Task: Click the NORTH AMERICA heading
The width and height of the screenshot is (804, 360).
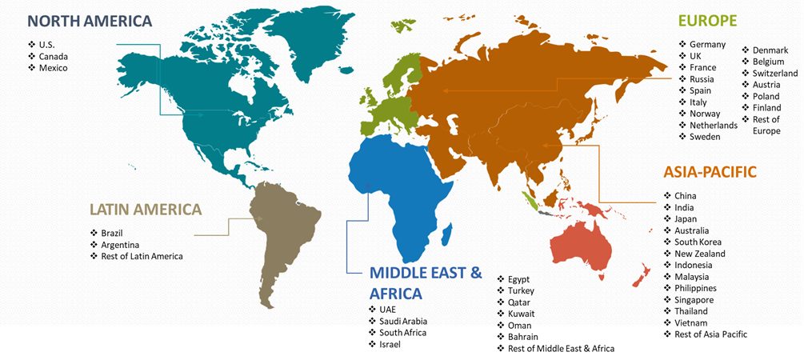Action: [90, 22]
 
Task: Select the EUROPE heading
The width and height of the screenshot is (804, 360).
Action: [707, 21]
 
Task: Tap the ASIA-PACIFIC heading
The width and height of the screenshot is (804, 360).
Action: [710, 172]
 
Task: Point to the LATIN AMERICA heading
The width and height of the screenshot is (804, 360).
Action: [146, 210]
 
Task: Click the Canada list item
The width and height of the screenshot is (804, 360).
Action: [53, 57]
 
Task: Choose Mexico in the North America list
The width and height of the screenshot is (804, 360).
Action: [53, 68]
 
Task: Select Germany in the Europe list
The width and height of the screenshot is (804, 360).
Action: [707, 45]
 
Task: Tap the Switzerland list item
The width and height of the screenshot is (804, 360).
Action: [774, 74]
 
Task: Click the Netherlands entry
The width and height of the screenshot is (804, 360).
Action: [713, 126]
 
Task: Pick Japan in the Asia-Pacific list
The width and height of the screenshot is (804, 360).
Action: [685, 219]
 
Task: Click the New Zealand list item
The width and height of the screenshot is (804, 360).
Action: [699, 254]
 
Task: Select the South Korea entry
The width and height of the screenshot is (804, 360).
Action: [698, 242]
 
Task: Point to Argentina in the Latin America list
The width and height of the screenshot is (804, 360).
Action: [120, 245]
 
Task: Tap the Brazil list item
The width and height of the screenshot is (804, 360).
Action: [112, 233]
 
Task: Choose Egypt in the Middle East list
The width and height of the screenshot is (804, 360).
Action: [518, 279]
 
